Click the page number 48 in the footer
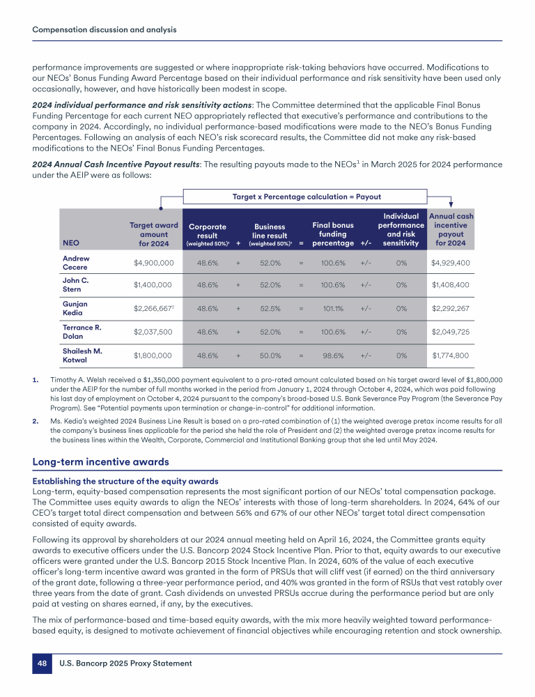click(x=42, y=664)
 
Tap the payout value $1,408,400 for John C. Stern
click(x=449, y=284)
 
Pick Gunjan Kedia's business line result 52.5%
click(x=270, y=309)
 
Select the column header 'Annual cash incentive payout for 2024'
click(x=451, y=229)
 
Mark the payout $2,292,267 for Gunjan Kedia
click(x=449, y=309)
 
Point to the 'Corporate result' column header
click(x=208, y=234)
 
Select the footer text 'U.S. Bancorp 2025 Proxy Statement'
click(x=126, y=664)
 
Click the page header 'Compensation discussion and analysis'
click(x=104, y=29)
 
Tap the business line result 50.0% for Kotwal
click(x=270, y=355)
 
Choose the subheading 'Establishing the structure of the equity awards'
click(x=125, y=481)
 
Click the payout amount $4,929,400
click(x=449, y=263)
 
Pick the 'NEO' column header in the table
click(x=71, y=243)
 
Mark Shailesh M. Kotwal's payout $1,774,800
click(x=449, y=355)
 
